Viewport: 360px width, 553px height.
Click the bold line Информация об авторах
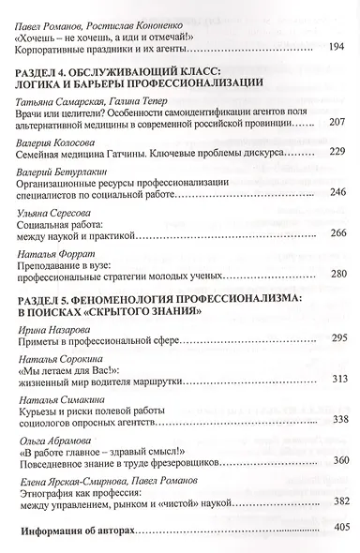click(x=82, y=530)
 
